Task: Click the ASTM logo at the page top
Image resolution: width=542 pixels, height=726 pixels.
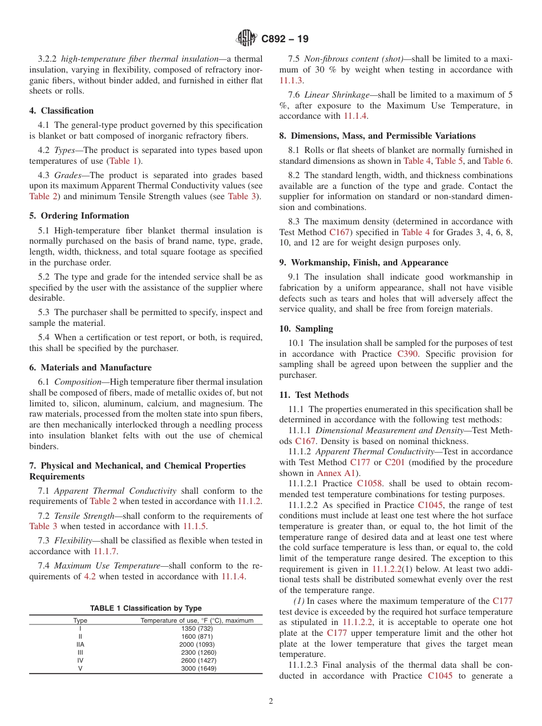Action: point(246,39)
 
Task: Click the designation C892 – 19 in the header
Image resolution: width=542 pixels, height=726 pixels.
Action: point(285,39)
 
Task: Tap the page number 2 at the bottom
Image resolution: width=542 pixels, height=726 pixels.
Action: point(271,701)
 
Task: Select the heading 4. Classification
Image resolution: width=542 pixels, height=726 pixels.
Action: point(62,111)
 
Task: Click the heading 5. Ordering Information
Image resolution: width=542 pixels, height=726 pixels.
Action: point(79,216)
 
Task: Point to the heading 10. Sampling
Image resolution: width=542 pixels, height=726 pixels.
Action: point(306,329)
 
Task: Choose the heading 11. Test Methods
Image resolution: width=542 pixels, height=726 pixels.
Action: point(314,395)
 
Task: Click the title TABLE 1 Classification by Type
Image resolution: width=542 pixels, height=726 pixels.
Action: point(145,608)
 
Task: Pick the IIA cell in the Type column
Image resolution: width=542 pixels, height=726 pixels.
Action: point(80,644)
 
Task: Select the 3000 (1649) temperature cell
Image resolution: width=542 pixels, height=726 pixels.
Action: point(199,668)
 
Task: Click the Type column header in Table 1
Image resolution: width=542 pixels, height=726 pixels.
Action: point(80,620)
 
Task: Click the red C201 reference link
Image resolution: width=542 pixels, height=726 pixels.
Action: point(394,462)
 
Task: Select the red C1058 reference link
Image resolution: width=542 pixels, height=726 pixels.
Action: point(370,483)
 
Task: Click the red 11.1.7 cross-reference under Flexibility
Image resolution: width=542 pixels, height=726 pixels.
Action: point(104,551)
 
